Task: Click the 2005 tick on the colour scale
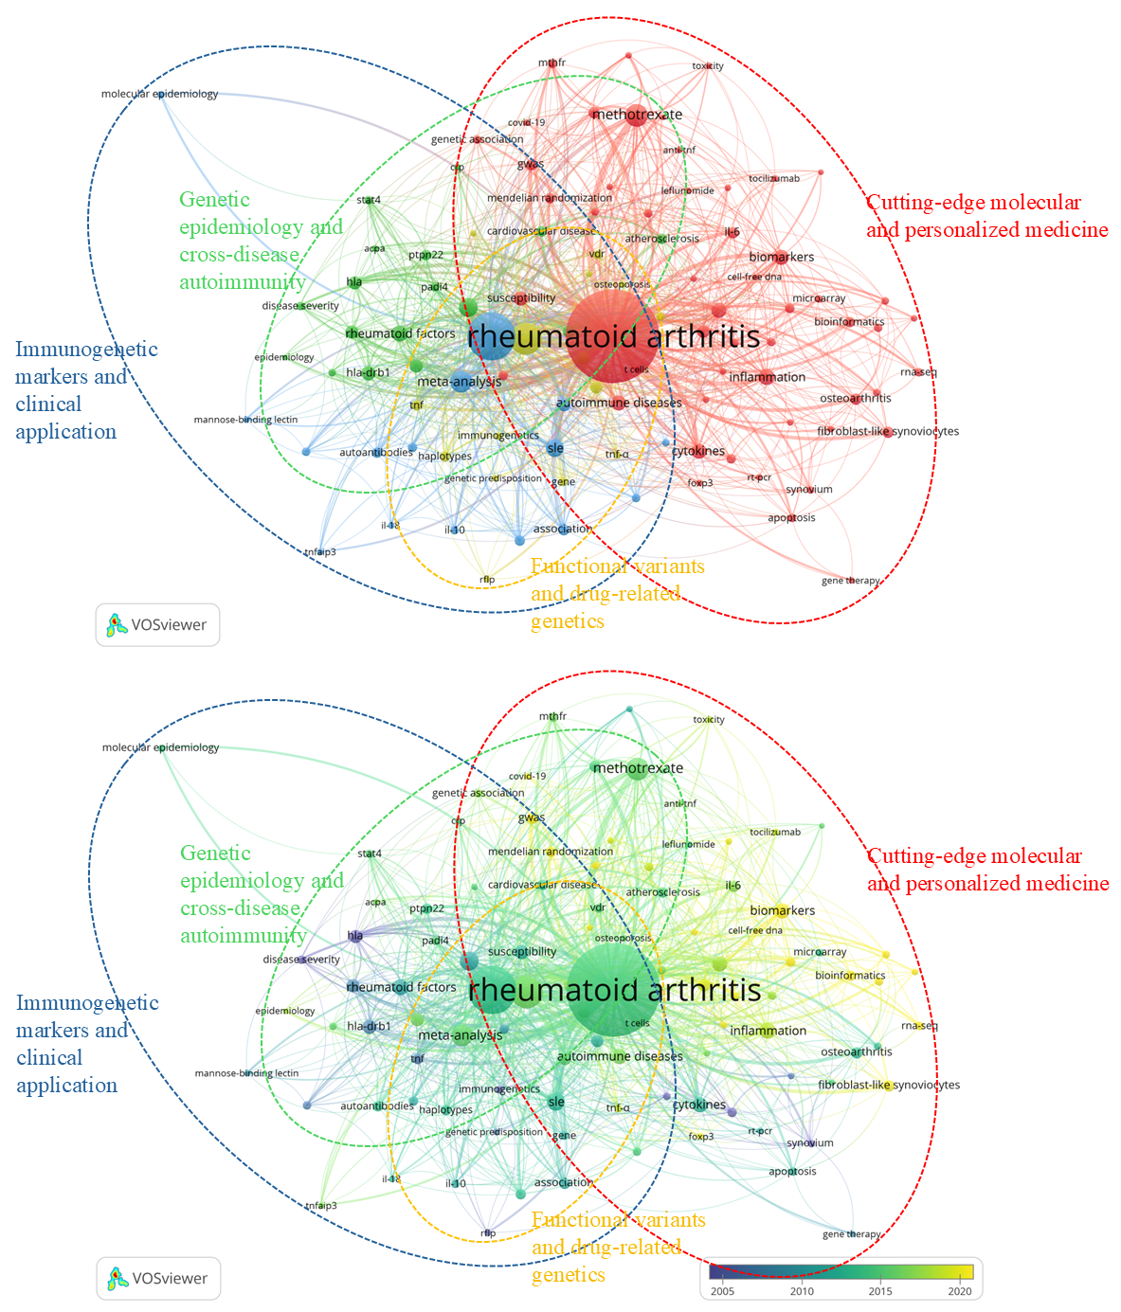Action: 722,1290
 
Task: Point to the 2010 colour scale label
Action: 802,1290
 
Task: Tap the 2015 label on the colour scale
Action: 880,1290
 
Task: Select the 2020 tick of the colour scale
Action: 960,1290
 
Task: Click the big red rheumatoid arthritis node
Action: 613,336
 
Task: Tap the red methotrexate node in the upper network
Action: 634,115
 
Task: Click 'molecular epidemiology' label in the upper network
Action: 159,94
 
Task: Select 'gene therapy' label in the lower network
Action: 851,1234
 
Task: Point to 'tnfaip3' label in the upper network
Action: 320,551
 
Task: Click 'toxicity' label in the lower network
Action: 708,719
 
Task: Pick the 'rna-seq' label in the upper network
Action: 918,372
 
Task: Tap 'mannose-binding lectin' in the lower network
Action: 246,1073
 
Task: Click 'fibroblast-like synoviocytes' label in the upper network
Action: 888,431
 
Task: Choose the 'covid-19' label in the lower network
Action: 527,776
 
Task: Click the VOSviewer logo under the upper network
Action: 157,625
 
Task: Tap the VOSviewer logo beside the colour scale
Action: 157,1279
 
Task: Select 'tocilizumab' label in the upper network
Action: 774,178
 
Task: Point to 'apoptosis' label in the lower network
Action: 792,1171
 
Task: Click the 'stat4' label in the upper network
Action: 369,200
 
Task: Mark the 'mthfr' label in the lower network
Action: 552,716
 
